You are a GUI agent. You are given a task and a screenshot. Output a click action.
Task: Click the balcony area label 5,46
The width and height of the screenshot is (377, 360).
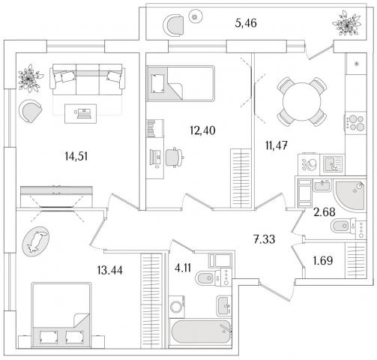[x=246, y=23]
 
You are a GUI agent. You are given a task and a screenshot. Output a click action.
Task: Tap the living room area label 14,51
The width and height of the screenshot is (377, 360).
[x=76, y=157]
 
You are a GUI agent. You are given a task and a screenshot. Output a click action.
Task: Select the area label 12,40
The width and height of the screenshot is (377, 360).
[x=202, y=130]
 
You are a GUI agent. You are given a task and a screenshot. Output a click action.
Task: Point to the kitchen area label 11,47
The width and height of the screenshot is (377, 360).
[x=277, y=145]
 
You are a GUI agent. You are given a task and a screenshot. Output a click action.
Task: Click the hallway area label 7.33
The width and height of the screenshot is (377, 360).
[x=265, y=239]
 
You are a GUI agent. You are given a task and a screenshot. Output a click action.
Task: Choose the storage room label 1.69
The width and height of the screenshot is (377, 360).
[x=323, y=261]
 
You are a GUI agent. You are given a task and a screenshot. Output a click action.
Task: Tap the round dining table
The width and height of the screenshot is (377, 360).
[x=301, y=101]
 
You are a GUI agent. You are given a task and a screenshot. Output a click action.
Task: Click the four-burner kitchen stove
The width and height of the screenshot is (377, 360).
[x=356, y=123]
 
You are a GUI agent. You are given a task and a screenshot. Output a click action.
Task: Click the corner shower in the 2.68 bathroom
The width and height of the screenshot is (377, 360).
[x=350, y=195]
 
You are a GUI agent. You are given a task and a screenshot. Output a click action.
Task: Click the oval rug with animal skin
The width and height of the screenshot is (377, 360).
[x=36, y=241]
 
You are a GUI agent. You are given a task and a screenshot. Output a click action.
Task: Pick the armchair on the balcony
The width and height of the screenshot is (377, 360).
[x=174, y=25]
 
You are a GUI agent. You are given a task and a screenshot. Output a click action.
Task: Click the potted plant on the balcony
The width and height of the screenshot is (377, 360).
[x=347, y=24]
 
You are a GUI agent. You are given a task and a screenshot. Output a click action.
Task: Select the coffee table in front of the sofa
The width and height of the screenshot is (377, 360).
[x=80, y=113]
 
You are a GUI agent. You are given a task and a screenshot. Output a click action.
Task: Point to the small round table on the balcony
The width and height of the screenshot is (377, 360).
[x=196, y=16]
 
